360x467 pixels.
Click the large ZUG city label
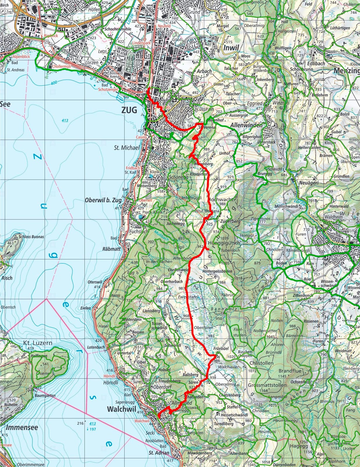(x=129, y=110)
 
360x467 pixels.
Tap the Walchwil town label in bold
(x=122, y=409)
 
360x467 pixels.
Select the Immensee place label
(x=22, y=428)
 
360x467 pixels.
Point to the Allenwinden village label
(x=246, y=125)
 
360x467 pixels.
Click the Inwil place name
(x=231, y=48)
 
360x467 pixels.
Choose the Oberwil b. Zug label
(x=103, y=201)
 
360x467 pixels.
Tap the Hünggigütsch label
(x=224, y=243)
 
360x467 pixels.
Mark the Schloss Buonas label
(x=31, y=236)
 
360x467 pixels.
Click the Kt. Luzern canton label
(x=38, y=343)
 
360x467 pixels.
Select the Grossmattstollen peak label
(x=267, y=385)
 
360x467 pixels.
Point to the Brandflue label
(x=290, y=371)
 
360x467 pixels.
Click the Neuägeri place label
(x=309, y=183)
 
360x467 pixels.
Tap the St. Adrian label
(x=159, y=453)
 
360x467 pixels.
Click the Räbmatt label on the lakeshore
(x=111, y=249)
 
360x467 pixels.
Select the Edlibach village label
(x=316, y=63)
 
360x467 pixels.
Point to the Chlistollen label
(x=261, y=363)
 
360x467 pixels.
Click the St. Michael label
(x=127, y=148)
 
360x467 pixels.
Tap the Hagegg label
(x=299, y=446)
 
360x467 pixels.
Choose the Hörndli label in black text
(x=111, y=382)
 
